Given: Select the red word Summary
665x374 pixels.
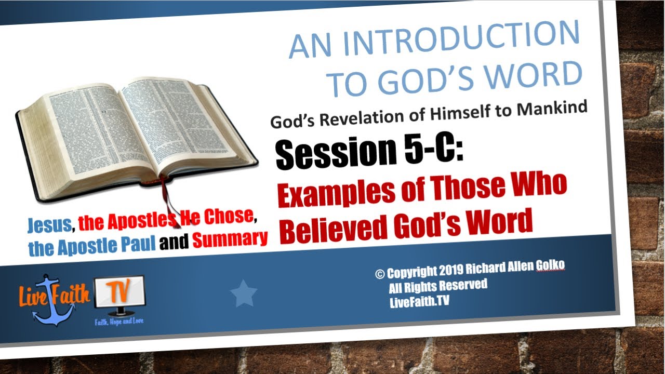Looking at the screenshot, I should point(230,238).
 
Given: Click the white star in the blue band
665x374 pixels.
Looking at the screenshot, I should point(244,293).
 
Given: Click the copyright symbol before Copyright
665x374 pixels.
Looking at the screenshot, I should point(380,273).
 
